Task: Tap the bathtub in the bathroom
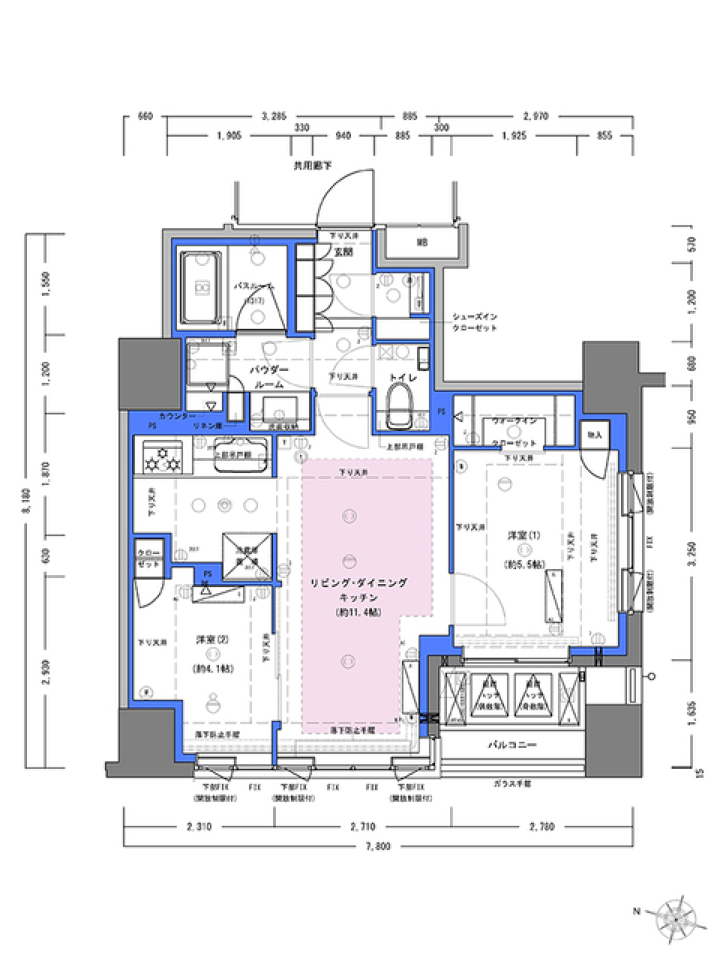(201, 286)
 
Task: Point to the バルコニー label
(511, 746)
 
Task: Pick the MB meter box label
(422, 243)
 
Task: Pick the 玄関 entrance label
(343, 253)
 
